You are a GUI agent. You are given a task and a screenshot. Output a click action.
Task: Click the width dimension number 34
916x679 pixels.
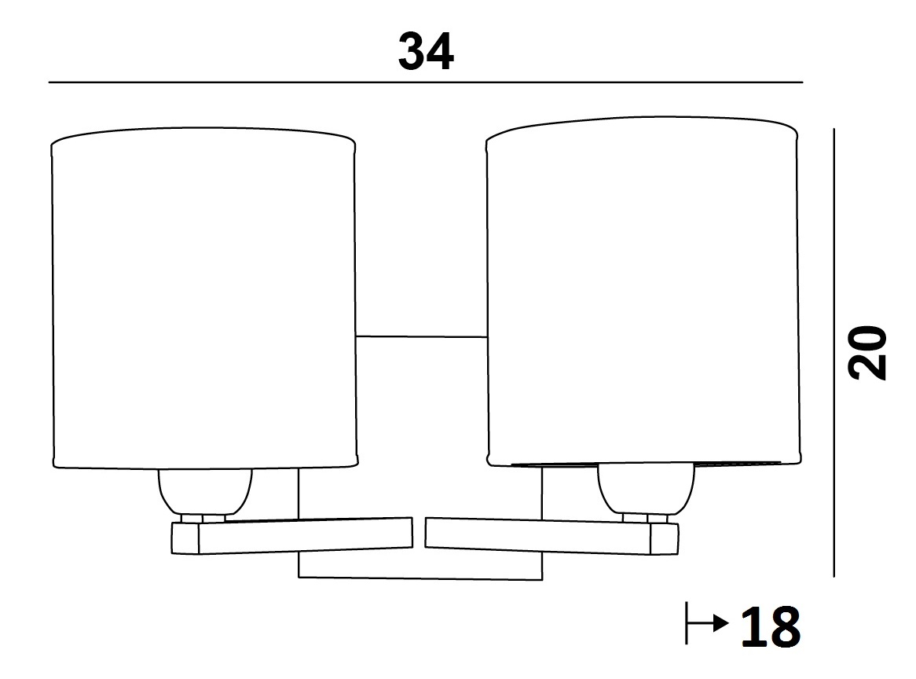click(x=426, y=51)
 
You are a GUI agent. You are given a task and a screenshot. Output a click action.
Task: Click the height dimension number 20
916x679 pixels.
click(x=867, y=353)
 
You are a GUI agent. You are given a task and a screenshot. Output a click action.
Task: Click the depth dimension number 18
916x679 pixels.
click(x=771, y=626)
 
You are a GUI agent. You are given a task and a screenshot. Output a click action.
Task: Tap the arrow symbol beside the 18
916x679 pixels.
click(x=707, y=623)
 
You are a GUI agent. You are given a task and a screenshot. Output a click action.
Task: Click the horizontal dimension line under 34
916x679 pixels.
click(x=426, y=83)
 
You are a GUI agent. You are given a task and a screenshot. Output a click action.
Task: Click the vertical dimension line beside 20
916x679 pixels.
click(x=834, y=353)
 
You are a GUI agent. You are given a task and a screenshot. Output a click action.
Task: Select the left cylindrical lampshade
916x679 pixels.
click(x=204, y=298)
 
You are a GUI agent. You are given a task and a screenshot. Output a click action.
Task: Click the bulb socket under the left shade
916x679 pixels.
click(x=205, y=491)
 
